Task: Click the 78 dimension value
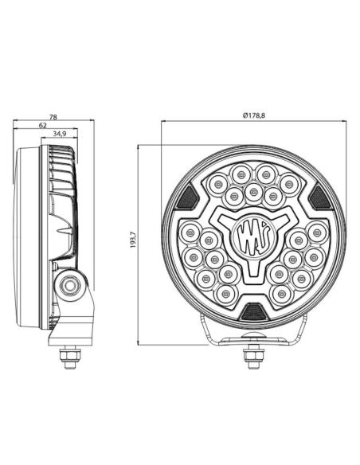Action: (53, 117)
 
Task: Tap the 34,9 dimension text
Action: (60, 135)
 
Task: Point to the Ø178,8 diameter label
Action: (253, 116)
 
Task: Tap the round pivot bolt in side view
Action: (72, 283)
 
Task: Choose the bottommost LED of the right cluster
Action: (281, 294)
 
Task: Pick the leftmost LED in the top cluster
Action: (215, 185)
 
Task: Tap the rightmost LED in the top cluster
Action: (291, 185)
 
